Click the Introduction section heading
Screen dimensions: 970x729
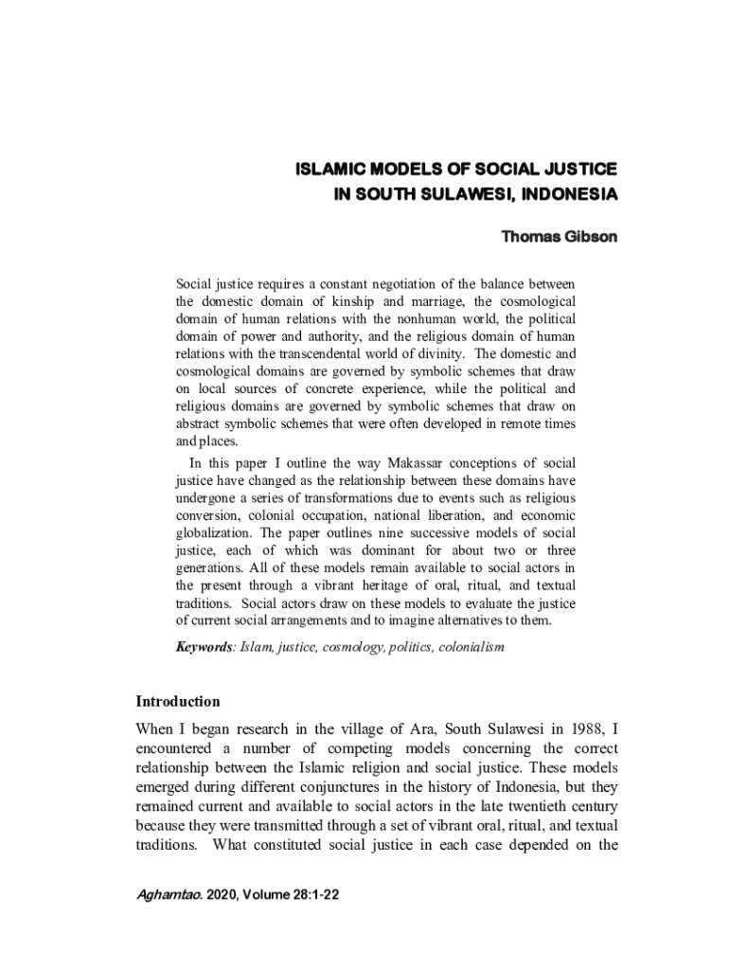[x=178, y=702]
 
